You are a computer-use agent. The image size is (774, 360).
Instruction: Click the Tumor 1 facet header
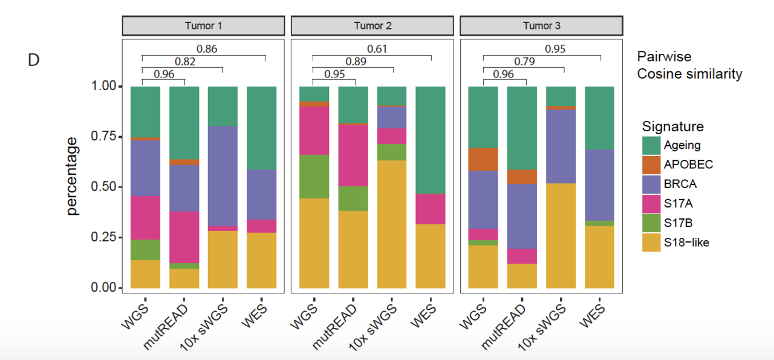click(x=203, y=26)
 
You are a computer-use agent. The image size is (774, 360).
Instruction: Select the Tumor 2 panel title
click(x=372, y=26)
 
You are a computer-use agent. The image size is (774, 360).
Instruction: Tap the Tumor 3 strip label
click(x=541, y=26)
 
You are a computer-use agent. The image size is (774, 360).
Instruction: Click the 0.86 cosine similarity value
click(x=207, y=49)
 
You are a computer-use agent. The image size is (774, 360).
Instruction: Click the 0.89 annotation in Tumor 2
click(x=356, y=62)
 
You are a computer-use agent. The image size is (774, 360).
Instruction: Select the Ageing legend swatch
click(x=651, y=145)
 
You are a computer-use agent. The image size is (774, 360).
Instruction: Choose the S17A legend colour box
click(x=651, y=204)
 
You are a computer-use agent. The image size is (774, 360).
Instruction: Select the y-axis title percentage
click(x=72, y=176)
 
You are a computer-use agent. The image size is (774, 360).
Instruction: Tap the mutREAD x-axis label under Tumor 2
click(x=334, y=326)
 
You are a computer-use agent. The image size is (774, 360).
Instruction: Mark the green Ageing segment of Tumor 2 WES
click(x=431, y=140)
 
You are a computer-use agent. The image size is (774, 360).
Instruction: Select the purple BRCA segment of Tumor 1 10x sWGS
click(x=223, y=175)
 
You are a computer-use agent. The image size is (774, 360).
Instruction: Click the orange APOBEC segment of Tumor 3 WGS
click(x=484, y=159)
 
